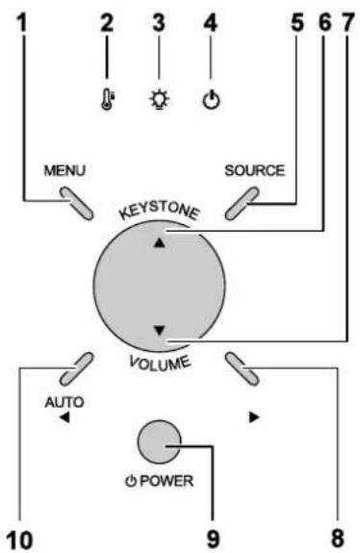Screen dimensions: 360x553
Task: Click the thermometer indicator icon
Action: (107, 100)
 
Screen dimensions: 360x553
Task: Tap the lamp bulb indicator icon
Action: (160, 100)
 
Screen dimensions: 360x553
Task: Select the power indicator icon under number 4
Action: (211, 100)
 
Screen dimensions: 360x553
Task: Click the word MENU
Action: (64, 170)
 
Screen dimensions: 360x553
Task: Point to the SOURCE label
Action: (254, 170)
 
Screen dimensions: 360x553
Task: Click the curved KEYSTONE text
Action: (160, 211)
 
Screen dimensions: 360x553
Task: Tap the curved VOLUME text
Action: (160, 364)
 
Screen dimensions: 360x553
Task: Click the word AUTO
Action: (64, 402)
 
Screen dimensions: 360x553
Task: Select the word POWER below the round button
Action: (167, 481)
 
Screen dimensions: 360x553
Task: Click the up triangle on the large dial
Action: (160, 242)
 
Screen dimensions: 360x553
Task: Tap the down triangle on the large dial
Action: (160, 330)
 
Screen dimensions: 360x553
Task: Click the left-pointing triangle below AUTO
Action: (64, 418)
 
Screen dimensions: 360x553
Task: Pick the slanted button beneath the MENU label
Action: (77, 203)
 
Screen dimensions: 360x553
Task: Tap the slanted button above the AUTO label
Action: (76, 369)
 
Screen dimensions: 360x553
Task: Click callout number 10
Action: (20, 540)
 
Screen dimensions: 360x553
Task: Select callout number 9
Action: (213, 540)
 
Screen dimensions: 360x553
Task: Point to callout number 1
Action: (22, 24)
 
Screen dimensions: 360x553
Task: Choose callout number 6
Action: (324, 23)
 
